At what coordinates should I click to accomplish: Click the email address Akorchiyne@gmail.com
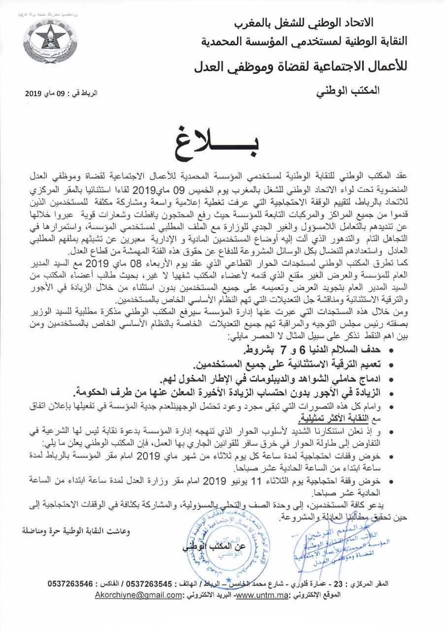138,595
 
